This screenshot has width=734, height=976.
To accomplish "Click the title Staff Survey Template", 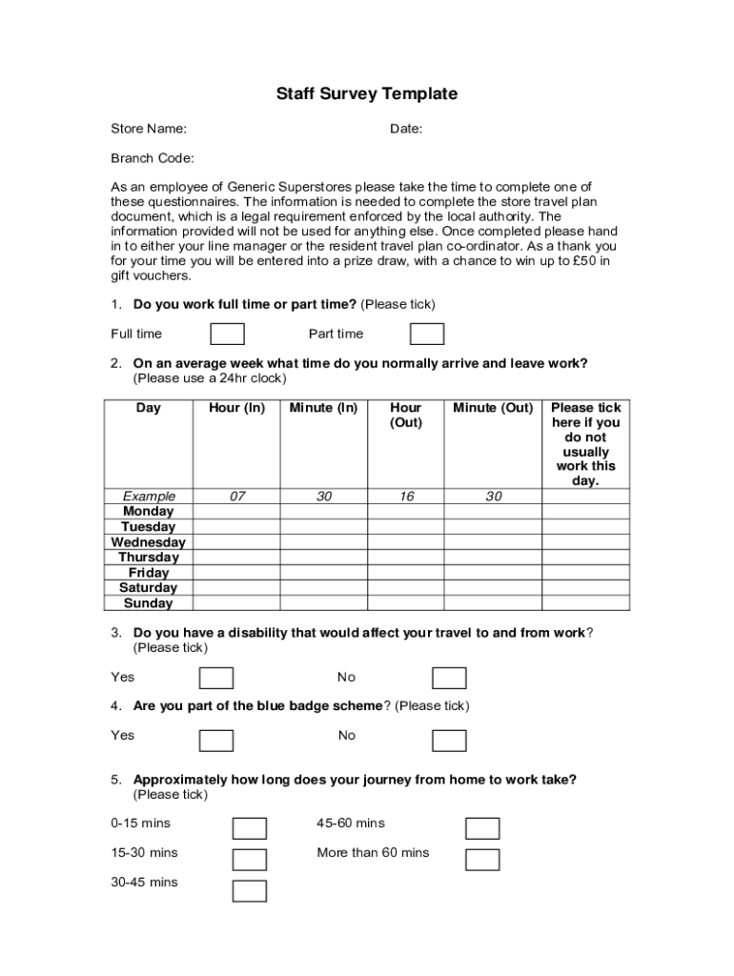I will click(x=367, y=93).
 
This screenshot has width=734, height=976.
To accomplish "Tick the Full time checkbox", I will click(x=227, y=334).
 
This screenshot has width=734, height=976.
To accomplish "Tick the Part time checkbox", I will click(x=426, y=334).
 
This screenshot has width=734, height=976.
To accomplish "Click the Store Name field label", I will click(x=149, y=129).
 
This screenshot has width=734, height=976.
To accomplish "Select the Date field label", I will click(x=406, y=129).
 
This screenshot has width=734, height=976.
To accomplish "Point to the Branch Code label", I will click(x=153, y=158).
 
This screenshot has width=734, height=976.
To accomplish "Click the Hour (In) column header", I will click(x=236, y=408).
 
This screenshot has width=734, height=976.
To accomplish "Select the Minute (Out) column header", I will click(x=493, y=408).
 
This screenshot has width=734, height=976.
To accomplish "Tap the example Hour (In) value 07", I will click(x=236, y=497).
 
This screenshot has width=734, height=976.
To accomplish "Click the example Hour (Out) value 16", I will click(x=406, y=497).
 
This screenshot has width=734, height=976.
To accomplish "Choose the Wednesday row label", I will click(x=149, y=542).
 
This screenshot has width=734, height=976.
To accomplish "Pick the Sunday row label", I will click(x=149, y=603).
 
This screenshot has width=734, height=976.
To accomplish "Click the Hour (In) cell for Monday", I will click(x=236, y=512).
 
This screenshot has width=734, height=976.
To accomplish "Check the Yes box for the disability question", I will click(x=216, y=678).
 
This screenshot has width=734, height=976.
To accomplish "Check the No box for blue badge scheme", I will click(x=449, y=741).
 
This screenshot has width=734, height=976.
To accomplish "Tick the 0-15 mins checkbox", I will click(x=250, y=828).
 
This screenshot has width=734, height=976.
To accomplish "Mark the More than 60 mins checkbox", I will click(x=482, y=860).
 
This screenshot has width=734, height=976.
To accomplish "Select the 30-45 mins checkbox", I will click(x=250, y=891).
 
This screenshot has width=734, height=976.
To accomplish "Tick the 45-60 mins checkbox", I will click(x=482, y=828).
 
